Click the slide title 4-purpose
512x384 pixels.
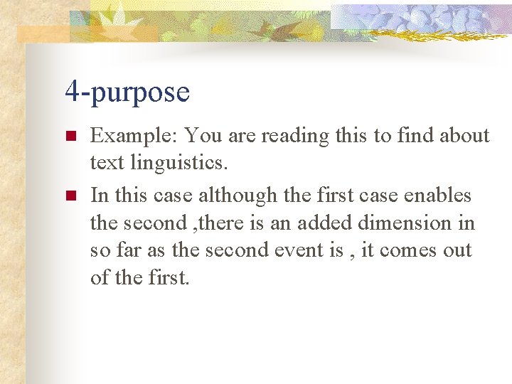(x=127, y=92)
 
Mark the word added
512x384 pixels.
(x=325, y=223)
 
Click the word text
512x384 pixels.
(x=107, y=164)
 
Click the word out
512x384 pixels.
(x=457, y=250)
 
